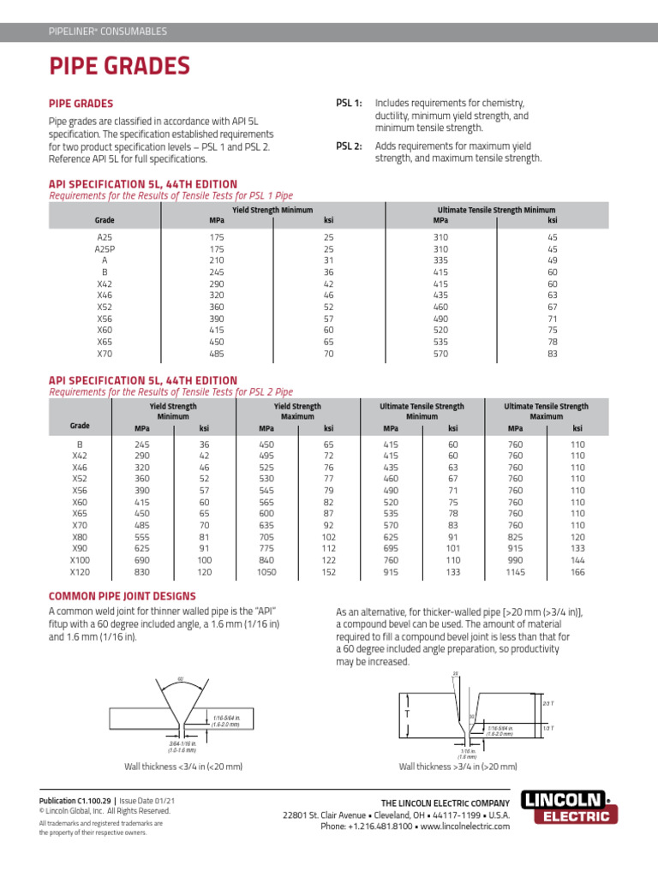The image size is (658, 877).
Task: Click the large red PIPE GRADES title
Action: [x=119, y=66]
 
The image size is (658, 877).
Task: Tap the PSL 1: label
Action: [x=349, y=103]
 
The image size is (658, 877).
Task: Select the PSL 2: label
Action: [x=349, y=146]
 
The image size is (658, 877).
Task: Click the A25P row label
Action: [x=105, y=248]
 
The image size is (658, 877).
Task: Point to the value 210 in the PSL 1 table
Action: [x=216, y=260]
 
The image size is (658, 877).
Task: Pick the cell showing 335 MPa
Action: [x=440, y=260]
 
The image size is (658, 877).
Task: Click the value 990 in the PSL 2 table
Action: [x=514, y=559]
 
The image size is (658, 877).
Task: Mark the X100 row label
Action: [x=80, y=559]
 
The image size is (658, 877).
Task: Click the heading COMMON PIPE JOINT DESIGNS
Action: [x=122, y=596]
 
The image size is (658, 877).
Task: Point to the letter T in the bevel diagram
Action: [x=406, y=713]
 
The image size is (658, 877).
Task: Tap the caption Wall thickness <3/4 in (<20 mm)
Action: [x=183, y=766]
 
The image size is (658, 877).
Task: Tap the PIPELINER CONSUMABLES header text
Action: [x=107, y=32]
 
